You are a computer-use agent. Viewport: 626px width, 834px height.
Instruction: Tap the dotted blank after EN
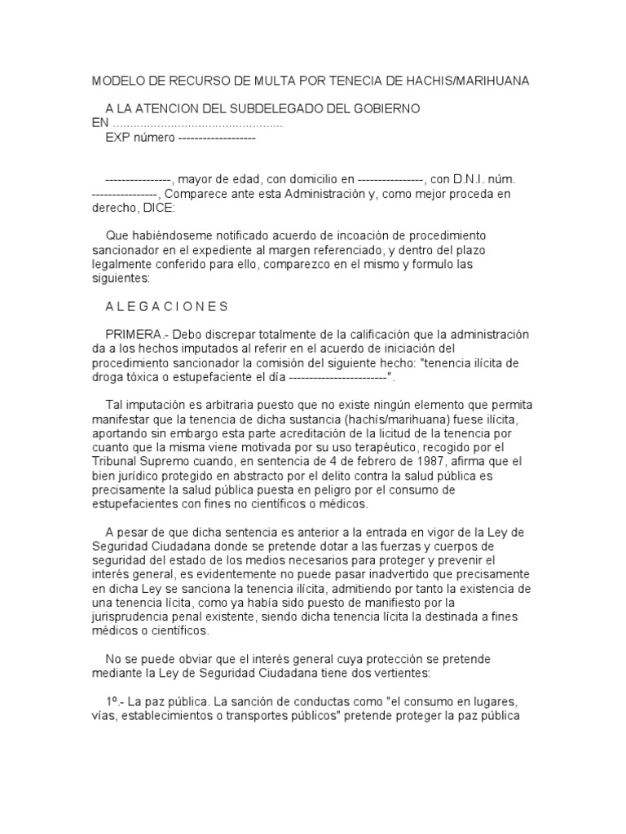click(196, 124)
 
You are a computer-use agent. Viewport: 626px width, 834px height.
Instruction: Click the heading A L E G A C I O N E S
click(167, 306)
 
